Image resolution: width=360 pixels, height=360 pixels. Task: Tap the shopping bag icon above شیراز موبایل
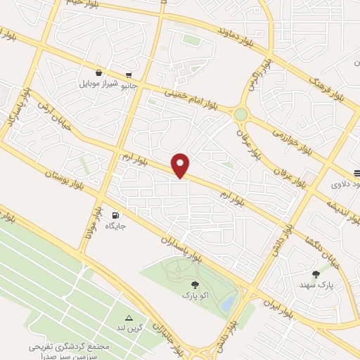100,72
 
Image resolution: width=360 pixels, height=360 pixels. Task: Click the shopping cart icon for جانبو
128,75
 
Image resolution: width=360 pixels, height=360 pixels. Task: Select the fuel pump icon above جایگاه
115,215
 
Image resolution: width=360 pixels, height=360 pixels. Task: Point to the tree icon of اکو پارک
195,285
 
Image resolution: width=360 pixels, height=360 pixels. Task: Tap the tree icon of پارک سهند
315,274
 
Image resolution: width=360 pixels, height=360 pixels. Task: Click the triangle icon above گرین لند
129,317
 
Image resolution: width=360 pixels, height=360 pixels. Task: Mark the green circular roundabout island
241,113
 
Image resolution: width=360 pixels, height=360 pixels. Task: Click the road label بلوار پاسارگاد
12,112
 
